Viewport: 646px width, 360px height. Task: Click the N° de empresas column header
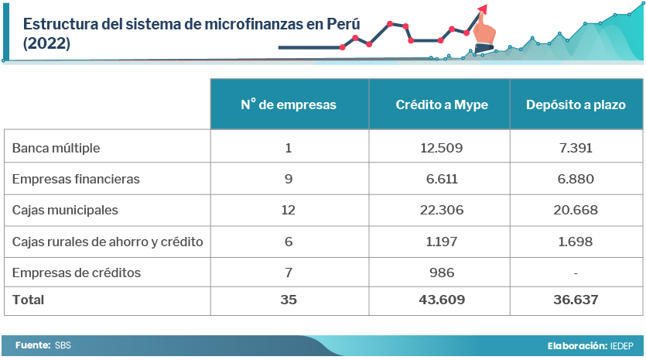289,105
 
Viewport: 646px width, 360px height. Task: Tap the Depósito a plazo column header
576,105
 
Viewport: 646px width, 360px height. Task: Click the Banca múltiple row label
56,148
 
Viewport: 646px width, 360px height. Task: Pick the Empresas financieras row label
76,179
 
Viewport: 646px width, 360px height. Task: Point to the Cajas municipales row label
65,210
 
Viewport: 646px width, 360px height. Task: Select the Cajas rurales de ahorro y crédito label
108,242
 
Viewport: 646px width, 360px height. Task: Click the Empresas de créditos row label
77,273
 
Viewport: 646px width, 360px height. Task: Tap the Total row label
29,300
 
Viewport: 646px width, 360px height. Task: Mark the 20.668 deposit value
576,210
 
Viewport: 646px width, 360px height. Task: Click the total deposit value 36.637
576,300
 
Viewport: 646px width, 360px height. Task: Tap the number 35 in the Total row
289,300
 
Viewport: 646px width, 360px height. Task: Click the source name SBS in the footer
63,345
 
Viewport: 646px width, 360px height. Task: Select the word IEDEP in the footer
620,345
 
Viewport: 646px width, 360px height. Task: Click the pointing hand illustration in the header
485,31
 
